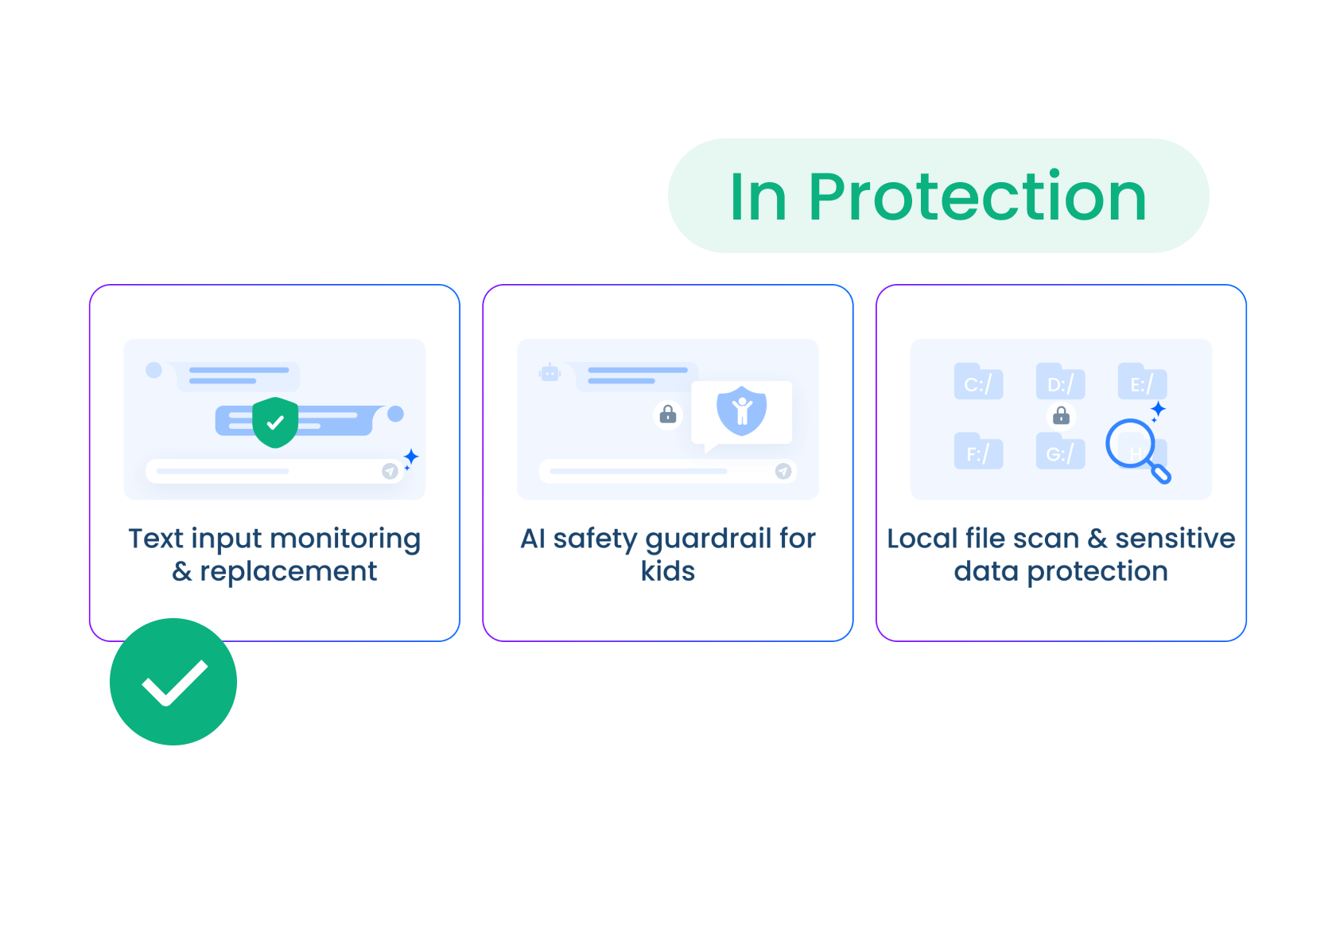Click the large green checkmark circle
click(x=173, y=682)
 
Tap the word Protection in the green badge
click(x=977, y=196)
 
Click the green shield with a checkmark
click(x=275, y=422)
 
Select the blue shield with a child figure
click(x=741, y=410)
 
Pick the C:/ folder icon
click(x=978, y=383)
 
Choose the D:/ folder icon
click(x=1060, y=383)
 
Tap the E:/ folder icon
click(x=1142, y=383)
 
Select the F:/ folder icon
click(x=978, y=452)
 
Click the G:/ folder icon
click(x=1060, y=452)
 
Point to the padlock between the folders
click(x=1061, y=415)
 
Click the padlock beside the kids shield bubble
click(x=668, y=414)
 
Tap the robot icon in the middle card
click(x=550, y=372)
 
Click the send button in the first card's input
click(x=390, y=471)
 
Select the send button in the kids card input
click(x=783, y=471)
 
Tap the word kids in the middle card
click(x=668, y=571)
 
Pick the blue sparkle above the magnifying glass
click(x=1158, y=410)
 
